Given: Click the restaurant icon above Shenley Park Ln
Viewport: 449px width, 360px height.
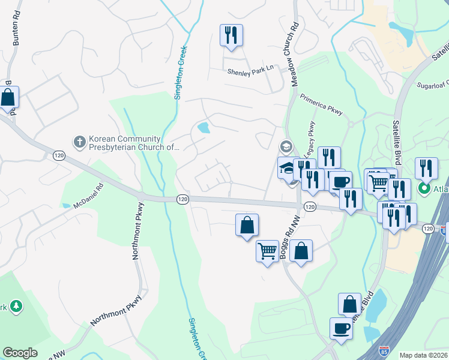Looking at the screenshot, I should (x=231, y=35).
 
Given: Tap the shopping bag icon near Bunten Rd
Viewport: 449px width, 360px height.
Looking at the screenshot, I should (x=8, y=98).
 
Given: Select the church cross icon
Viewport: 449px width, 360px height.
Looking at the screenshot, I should (x=79, y=142).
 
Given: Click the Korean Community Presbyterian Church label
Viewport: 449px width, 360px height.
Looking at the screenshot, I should (x=133, y=143).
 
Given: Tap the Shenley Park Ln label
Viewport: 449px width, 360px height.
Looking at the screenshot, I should (x=250, y=70).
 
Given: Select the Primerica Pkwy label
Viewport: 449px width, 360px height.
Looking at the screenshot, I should (x=321, y=102).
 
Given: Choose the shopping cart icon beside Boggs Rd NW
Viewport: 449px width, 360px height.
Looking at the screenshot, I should (x=267, y=250).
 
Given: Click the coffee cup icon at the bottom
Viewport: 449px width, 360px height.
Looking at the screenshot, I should (x=341, y=329).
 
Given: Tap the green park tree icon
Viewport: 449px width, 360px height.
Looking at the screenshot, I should (x=16, y=307).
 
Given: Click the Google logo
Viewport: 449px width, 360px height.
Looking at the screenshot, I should (x=20, y=353).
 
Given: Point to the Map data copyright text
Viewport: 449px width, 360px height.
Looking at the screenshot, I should (x=424, y=355).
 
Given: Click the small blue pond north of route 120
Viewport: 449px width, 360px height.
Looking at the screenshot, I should (x=203, y=128).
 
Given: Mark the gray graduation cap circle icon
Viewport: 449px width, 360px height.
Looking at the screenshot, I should (x=286, y=146).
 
